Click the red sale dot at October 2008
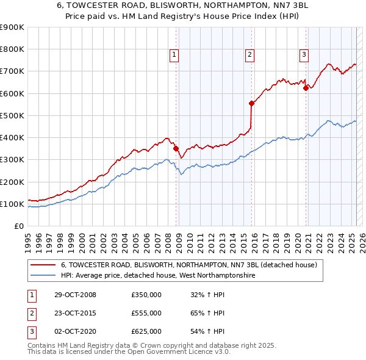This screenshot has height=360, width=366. [x=176, y=148]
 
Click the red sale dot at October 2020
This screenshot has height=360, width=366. [x=306, y=88]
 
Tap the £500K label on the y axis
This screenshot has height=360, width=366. [x=12, y=115]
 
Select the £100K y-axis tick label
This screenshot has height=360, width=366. [x=12, y=204]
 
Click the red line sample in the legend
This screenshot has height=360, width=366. [x=43, y=265]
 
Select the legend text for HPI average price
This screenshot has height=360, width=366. [x=157, y=276]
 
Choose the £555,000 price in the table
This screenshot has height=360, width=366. [x=146, y=313]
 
